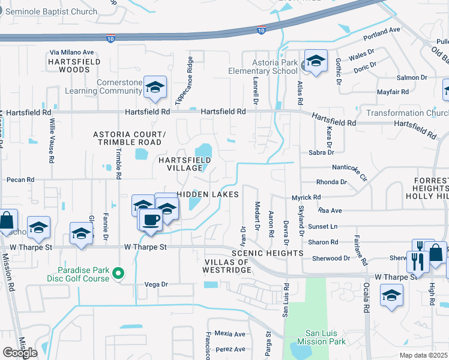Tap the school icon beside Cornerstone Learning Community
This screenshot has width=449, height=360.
click(x=155, y=88)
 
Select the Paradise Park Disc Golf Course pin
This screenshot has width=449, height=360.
click(x=118, y=274)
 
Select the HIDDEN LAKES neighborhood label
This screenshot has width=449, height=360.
click(x=208, y=194)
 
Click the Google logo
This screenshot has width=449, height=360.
click(x=20, y=352)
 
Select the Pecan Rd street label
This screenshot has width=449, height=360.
click(x=20, y=179)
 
